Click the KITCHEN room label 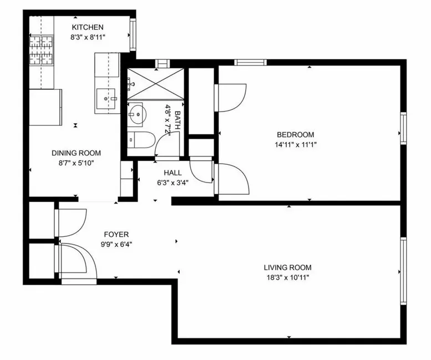(87, 27)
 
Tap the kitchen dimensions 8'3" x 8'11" (87, 37)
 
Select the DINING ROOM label (77, 153)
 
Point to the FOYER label (116, 234)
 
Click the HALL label (173, 173)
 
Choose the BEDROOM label (296, 135)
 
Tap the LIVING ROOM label (287, 267)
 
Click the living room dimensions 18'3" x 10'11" (287, 277)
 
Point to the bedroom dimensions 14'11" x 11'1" (296, 145)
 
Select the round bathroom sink (135, 115)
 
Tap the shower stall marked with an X (155, 84)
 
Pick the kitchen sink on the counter (108, 99)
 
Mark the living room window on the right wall (403, 271)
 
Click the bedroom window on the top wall (251, 62)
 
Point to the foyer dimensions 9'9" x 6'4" (116, 244)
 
